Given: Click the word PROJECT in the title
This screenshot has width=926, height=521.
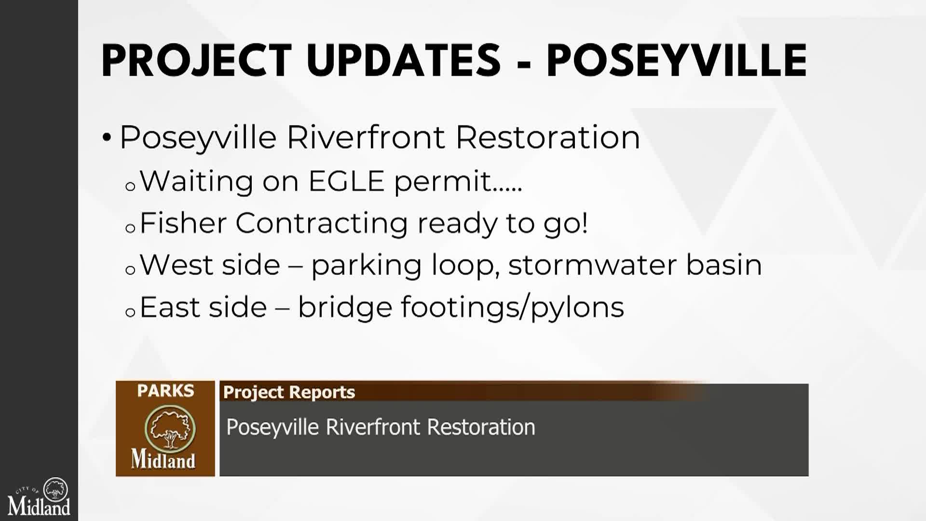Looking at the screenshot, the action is click(x=197, y=61).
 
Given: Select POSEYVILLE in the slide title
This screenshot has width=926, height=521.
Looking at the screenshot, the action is click(x=677, y=61).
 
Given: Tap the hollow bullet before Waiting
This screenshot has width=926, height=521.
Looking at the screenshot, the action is click(x=130, y=187).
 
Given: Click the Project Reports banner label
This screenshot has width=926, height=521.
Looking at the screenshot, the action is click(x=289, y=392).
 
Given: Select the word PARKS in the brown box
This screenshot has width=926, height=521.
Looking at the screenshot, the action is click(x=165, y=391).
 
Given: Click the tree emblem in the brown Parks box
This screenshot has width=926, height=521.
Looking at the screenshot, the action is click(x=170, y=427).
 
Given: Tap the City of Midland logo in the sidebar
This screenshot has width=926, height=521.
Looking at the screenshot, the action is click(x=39, y=496).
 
